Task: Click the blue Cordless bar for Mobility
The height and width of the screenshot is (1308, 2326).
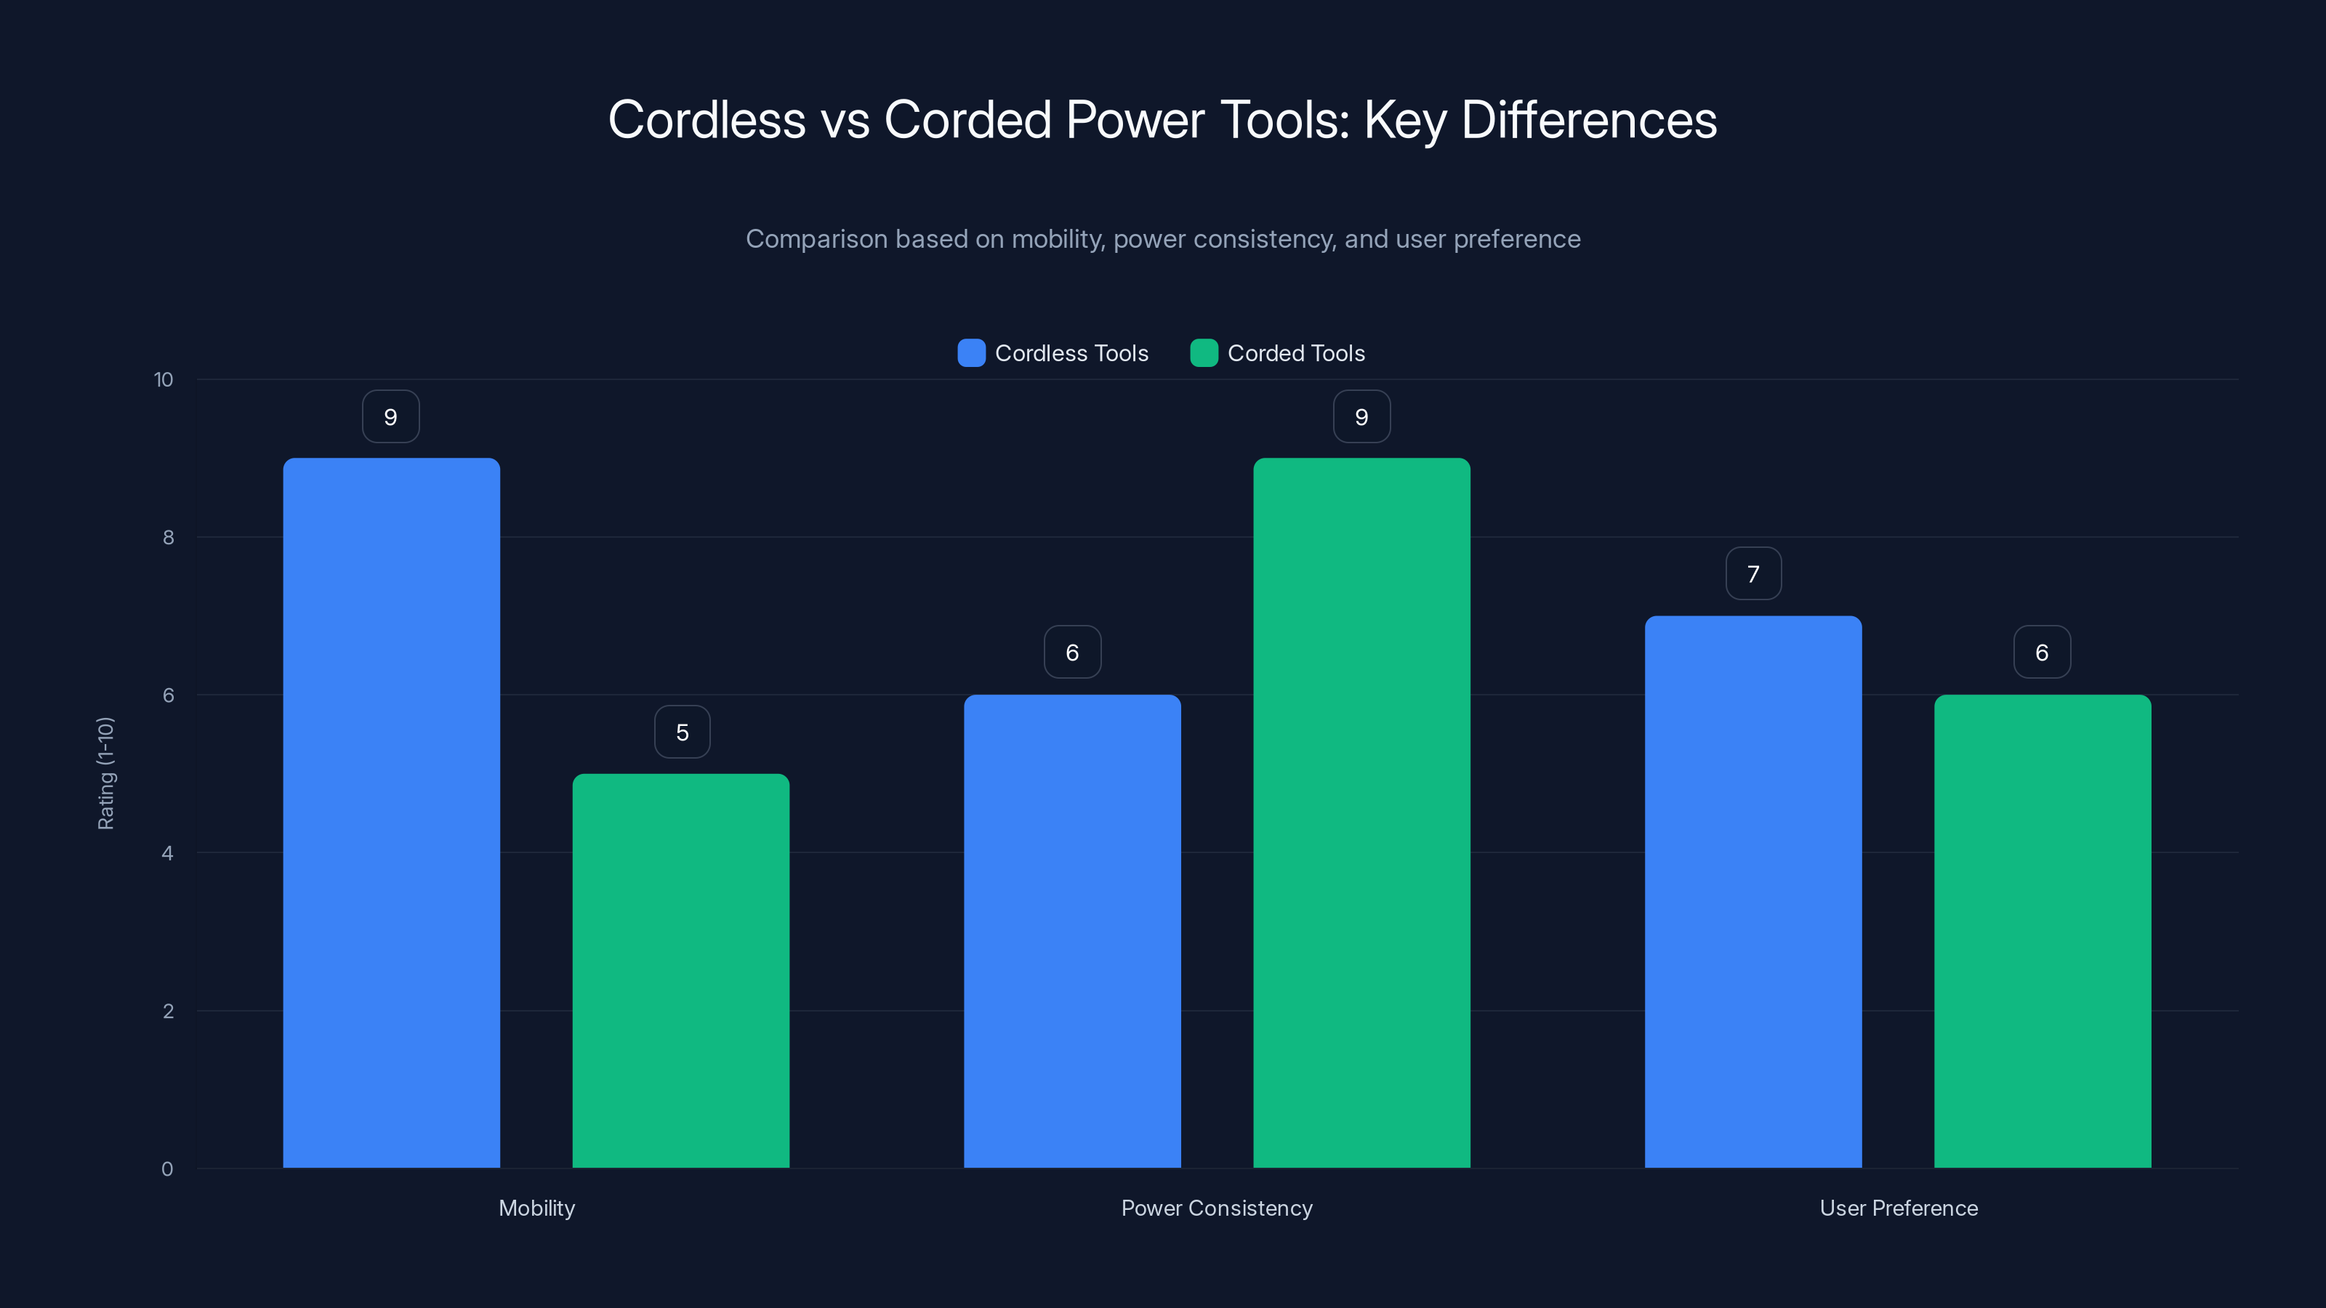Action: click(391, 812)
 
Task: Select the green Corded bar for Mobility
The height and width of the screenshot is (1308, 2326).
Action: click(681, 970)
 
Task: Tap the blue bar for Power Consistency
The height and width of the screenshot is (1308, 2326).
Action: click(1072, 931)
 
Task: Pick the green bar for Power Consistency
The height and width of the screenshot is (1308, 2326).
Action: click(1361, 812)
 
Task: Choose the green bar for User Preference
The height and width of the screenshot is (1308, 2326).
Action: click(2043, 931)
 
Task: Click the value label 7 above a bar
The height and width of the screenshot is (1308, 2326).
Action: click(1752, 574)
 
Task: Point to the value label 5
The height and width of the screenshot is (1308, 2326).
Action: click(682, 732)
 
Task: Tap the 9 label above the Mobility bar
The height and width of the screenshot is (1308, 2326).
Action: click(390, 417)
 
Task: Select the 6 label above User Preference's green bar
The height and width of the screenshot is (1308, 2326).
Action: click(2042, 653)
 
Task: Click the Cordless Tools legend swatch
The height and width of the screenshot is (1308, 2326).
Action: click(970, 353)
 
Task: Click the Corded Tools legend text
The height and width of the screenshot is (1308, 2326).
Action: click(1296, 353)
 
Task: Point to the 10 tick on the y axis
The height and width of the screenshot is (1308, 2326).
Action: click(164, 380)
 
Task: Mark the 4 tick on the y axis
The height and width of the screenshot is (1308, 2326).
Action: click(167, 853)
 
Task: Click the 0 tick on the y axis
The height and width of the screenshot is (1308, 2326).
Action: click(167, 1169)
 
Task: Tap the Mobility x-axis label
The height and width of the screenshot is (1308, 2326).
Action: click(536, 1208)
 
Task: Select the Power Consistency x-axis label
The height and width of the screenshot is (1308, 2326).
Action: click(1216, 1208)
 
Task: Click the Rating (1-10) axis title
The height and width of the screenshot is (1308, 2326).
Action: click(105, 774)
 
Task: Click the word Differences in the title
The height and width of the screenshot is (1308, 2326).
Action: click(1588, 120)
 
